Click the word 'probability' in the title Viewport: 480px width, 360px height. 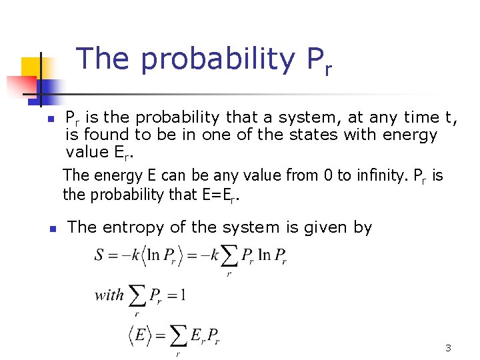click(x=217, y=59)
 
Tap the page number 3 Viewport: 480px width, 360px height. click(x=448, y=348)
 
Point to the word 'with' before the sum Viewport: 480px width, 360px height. click(x=109, y=295)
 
